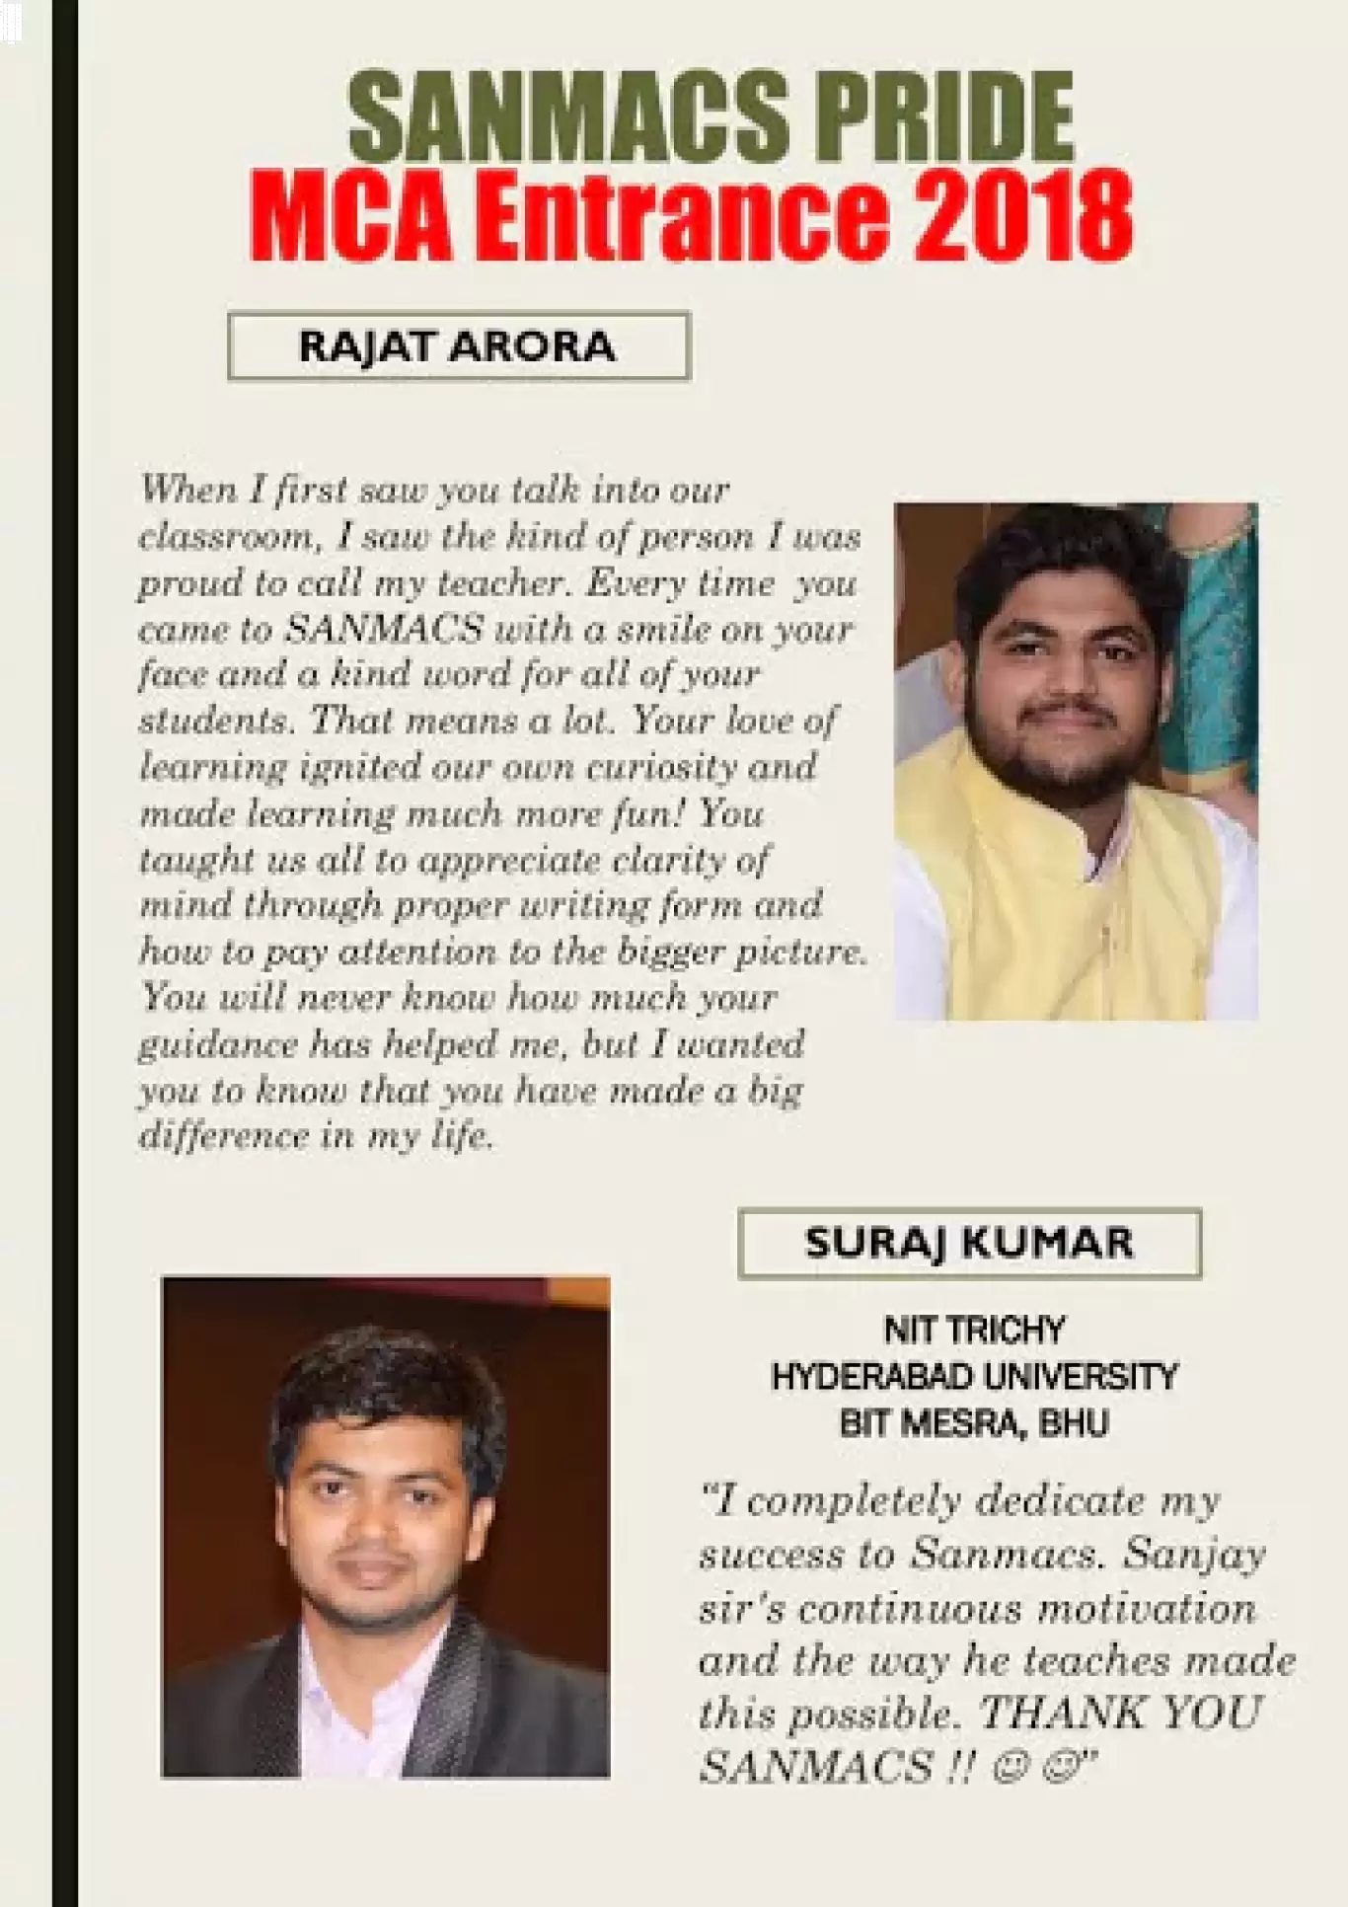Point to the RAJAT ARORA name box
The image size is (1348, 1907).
[x=458, y=346]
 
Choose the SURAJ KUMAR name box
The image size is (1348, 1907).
[x=969, y=1243]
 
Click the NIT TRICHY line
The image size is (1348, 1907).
[x=974, y=1331]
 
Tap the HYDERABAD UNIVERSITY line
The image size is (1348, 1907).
[x=974, y=1376]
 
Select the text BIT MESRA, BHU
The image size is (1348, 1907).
[x=974, y=1422]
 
